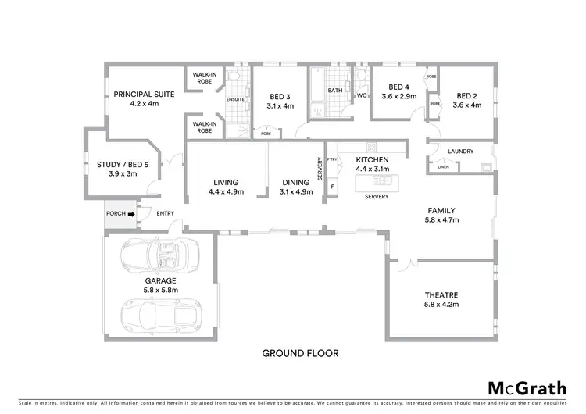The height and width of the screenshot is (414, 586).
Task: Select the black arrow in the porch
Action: point(131,213)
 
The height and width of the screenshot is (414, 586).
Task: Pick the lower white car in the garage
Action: point(160,314)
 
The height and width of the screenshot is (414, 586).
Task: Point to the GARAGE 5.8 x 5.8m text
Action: point(160,284)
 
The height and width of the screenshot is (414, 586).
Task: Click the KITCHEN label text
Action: point(372,159)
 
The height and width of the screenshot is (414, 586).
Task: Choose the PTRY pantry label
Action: point(332,160)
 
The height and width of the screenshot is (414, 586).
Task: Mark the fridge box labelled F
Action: point(332,187)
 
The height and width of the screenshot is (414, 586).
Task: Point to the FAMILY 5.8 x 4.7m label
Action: point(441,216)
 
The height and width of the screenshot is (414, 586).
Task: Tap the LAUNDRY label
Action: point(462,151)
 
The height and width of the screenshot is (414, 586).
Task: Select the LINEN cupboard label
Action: point(443,166)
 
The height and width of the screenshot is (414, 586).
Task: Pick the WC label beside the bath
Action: point(361,96)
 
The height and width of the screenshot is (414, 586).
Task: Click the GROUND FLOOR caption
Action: point(300,353)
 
